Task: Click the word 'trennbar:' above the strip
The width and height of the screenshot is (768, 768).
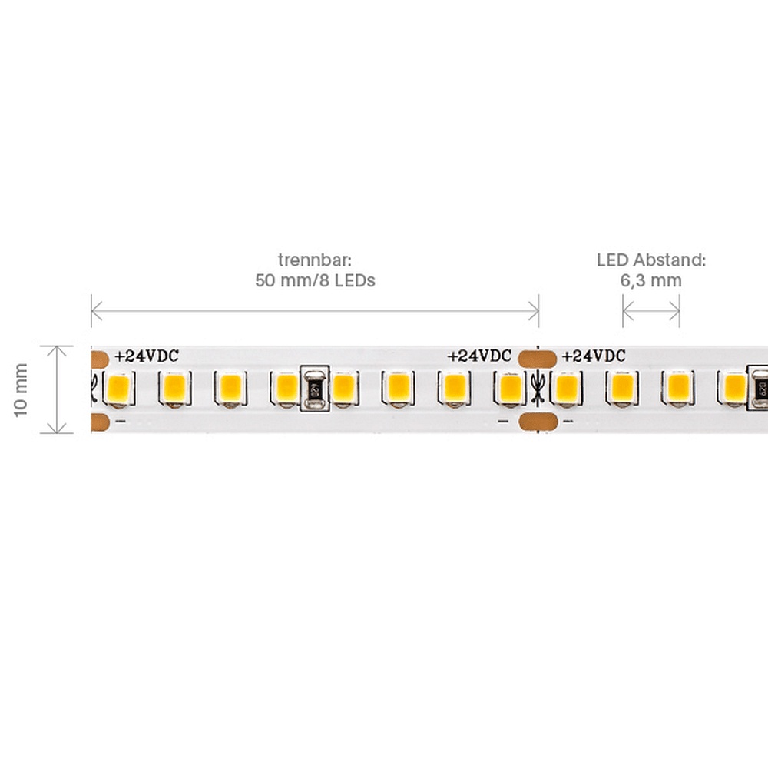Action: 315,260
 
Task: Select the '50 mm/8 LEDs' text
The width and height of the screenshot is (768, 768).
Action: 315,280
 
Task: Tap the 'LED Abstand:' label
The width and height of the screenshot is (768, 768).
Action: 650,260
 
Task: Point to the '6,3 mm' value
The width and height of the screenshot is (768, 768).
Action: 650,280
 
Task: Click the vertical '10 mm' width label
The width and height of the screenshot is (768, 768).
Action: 22,389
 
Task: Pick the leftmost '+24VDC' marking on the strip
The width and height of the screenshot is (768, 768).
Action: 147,356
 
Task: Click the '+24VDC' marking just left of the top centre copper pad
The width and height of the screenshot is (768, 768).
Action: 479,356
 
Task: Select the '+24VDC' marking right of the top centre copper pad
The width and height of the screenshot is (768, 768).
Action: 594,356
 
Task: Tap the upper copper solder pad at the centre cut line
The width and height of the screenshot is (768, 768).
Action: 537,357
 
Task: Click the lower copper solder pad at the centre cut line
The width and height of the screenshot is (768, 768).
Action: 537,421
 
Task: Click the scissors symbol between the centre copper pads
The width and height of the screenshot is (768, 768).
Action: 538,389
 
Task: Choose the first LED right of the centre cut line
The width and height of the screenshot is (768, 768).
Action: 566,387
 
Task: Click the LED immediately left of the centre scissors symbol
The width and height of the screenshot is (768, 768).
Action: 508,387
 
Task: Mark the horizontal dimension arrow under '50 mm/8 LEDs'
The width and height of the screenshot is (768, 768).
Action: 315,311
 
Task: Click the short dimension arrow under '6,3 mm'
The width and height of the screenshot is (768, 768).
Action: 650,311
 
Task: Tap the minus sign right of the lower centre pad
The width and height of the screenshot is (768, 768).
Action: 568,421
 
